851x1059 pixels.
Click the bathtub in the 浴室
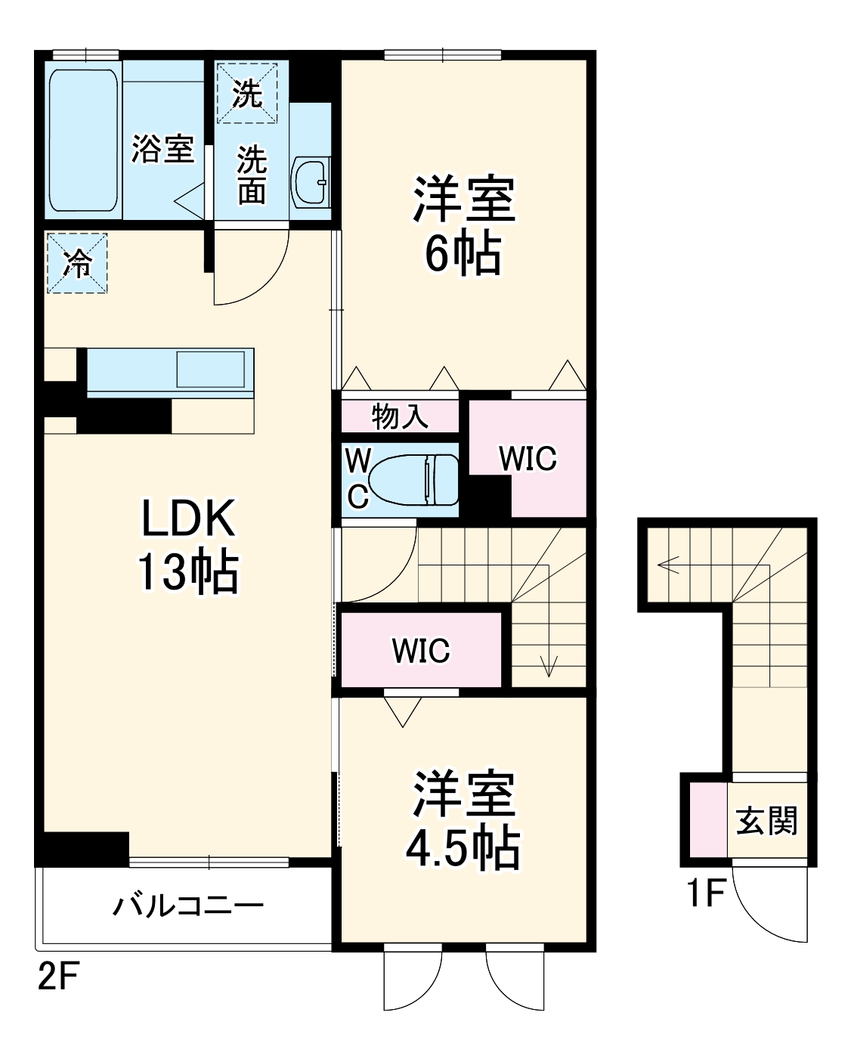[x=84, y=141]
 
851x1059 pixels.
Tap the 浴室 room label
[x=162, y=148]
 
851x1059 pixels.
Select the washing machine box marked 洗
[x=247, y=93]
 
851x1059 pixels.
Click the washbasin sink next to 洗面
[x=310, y=182]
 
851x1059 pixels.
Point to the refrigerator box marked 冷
[x=76, y=263]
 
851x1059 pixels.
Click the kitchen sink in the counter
[x=210, y=370]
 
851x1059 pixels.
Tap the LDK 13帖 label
[x=187, y=544]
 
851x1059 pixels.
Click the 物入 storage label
[x=400, y=416]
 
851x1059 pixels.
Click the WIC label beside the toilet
[x=528, y=459]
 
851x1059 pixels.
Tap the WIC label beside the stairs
[x=421, y=650]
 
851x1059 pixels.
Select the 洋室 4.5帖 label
[x=463, y=819]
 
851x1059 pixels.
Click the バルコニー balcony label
[x=188, y=905]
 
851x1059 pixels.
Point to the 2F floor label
[x=58, y=978]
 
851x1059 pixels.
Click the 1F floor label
[x=704, y=894]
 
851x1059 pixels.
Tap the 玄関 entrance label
[x=767, y=820]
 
